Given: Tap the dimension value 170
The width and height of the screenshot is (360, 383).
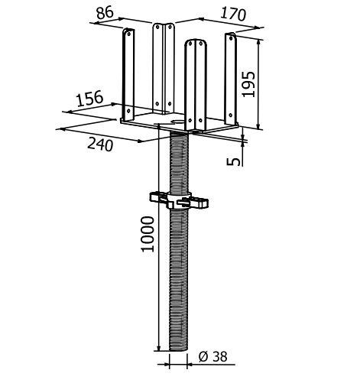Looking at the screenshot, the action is (x=233, y=15).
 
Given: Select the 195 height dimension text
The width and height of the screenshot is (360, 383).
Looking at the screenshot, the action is (x=248, y=84).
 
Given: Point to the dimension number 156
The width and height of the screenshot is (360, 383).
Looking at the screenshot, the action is (x=89, y=99).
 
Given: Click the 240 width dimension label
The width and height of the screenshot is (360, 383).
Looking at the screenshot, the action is (x=100, y=144).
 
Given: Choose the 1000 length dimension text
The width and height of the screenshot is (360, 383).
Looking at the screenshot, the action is (x=148, y=234).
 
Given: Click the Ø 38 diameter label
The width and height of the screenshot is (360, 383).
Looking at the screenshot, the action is (x=212, y=356).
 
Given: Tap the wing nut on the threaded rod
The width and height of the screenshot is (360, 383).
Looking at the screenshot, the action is (x=179, y=200).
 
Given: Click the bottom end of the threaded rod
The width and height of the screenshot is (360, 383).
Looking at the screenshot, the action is (x=178, y=350).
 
